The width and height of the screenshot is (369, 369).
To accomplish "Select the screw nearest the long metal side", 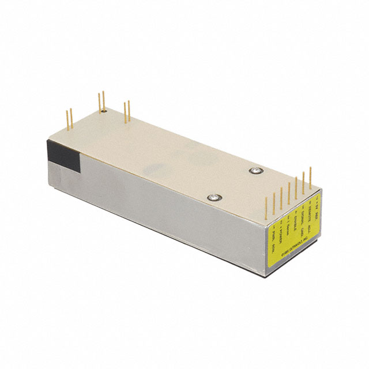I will point(214,197).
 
